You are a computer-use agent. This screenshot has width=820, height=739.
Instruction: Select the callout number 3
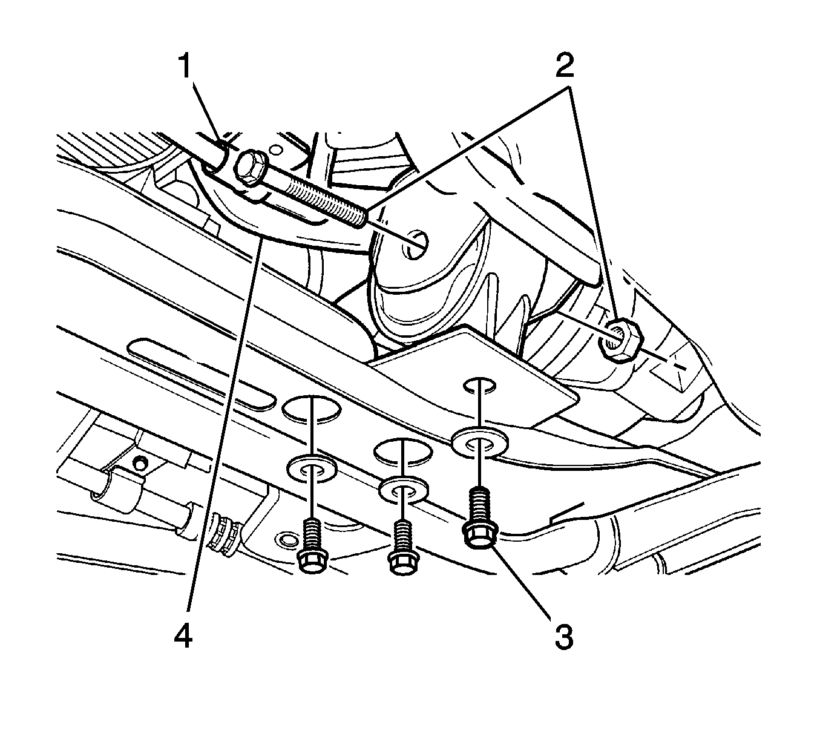[563, 637]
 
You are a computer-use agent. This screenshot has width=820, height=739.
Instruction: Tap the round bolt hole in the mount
[415, 241]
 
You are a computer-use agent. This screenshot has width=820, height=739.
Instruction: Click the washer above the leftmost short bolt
[312, 467]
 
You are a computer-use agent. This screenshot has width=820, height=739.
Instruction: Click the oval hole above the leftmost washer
[311, 409]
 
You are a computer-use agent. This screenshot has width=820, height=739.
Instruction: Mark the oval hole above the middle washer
[402, 451]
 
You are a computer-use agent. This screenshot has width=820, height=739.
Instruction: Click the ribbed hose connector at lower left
[223, 533]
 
